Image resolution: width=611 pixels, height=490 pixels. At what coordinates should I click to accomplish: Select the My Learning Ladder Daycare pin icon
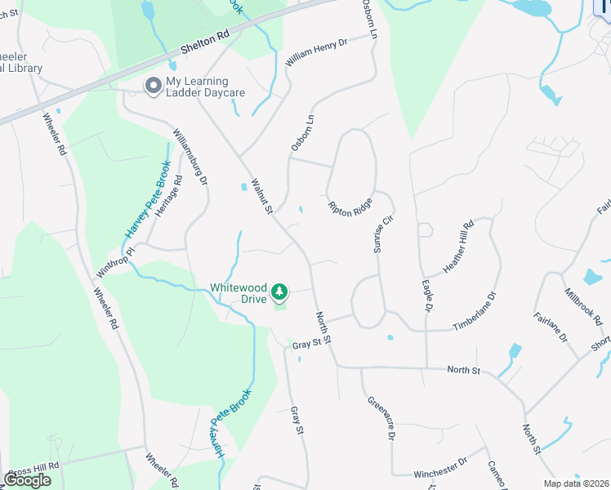coord(153,86)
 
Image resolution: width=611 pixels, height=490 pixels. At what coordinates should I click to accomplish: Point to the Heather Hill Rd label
coord(458,247)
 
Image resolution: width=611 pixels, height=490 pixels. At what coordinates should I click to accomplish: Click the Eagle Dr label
coord(426,297)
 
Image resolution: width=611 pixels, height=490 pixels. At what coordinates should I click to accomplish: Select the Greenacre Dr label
coord(381,418)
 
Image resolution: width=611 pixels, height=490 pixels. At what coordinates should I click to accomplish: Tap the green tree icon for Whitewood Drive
coord(279,292)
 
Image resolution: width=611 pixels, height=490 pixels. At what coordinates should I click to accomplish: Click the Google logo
coord(28,480)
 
